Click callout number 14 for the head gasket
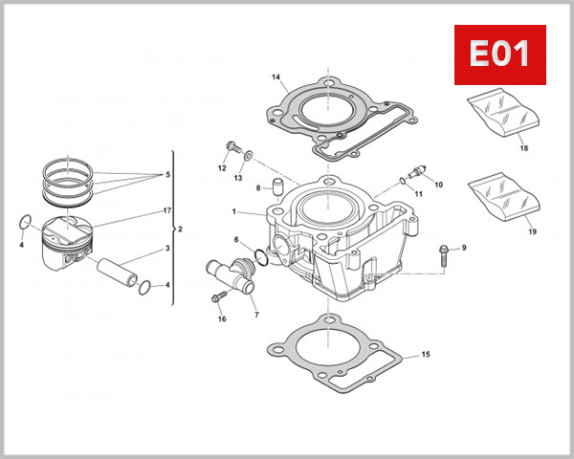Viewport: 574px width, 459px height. (x=276, y=77)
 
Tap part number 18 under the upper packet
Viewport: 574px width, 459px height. (x=523, y=149)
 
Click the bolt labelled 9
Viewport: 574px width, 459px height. (x=443, y=252)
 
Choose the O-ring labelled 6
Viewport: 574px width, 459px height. (x=259, y=253)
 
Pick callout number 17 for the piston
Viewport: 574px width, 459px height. (x=166, y=209)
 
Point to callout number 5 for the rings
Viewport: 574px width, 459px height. (x=167, y=175)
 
